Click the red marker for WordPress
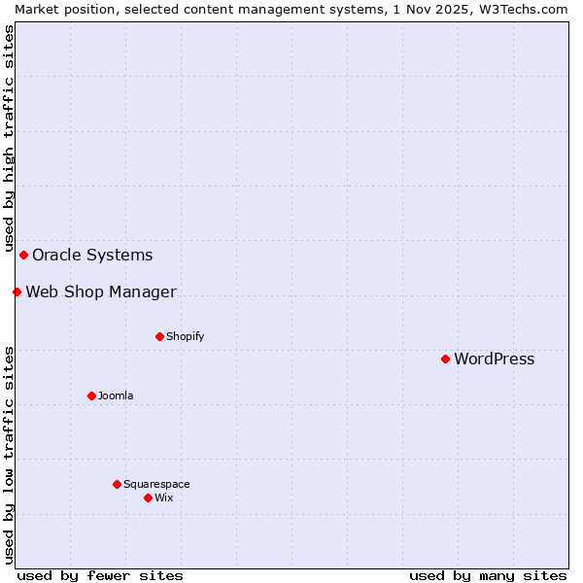(x=445, y=359)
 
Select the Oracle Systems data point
(x=23, y=255)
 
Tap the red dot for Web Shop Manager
(x=17, y=291)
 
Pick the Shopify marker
(x=159, y=336)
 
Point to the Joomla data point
(x=91, y=395)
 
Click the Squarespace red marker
(x=117, y=484)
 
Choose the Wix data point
(x=148, y=497)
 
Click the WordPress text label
(x=494, y=360)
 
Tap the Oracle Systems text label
(x=92, y=256)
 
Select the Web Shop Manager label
(x=101, y=292)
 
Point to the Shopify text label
(x=185, y=337)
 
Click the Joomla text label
(x=116, y=396)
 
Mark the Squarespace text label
(x=156, y=485)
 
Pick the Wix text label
(x=163, y=498)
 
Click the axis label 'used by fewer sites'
(x=100, y=575)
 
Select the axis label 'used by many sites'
(x=488, y=575)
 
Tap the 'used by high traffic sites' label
(x=10, y=135)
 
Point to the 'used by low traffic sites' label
(x=10, y=455)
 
